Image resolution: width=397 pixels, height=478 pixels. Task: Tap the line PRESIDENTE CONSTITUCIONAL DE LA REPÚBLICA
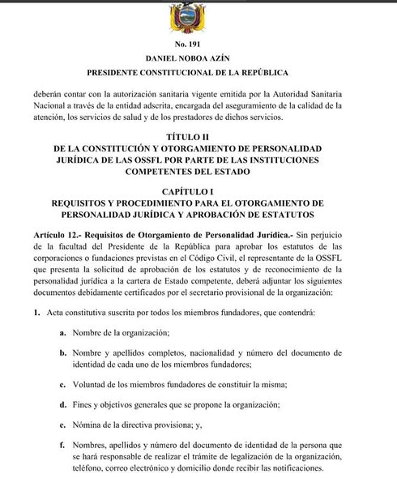198,75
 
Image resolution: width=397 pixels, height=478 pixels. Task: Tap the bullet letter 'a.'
62,332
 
